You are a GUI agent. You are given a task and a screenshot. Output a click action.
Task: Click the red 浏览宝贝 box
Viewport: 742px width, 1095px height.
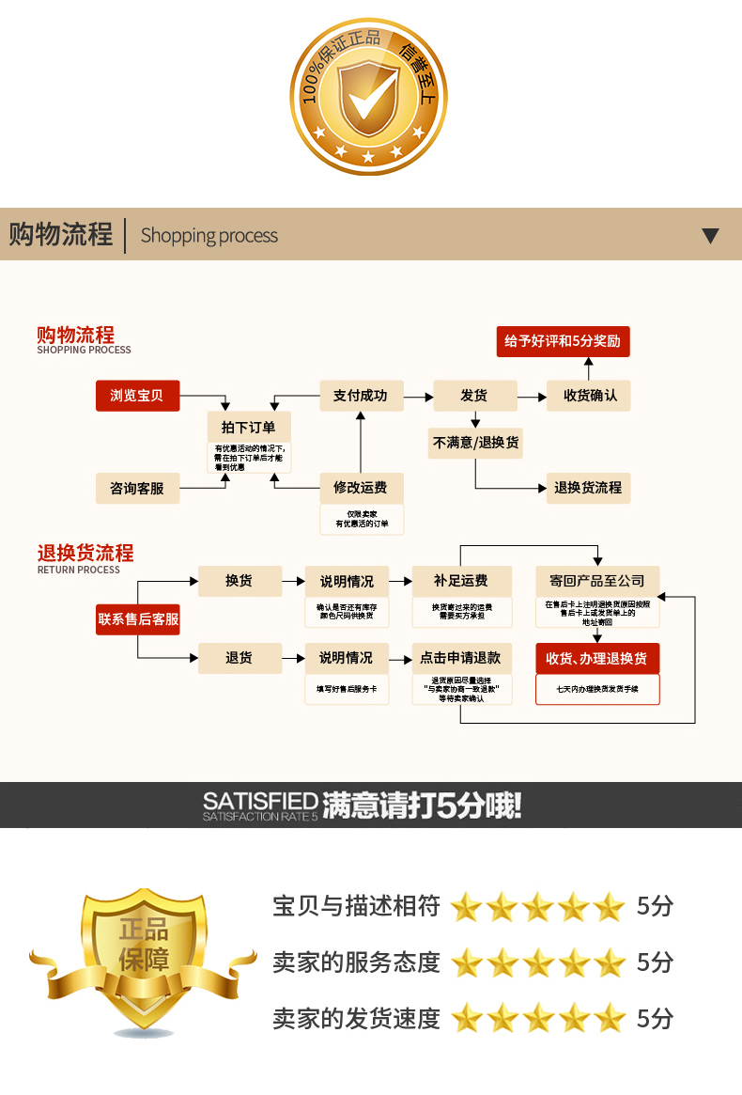point(137,396)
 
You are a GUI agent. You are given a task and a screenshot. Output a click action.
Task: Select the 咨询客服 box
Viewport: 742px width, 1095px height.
point(137,488)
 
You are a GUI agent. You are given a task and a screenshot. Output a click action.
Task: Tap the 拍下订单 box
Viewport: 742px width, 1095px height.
point(249,427)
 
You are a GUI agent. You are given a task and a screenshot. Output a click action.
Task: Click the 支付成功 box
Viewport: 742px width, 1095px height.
point(361,396)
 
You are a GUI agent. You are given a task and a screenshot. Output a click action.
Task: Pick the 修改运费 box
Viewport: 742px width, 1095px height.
point(361,488)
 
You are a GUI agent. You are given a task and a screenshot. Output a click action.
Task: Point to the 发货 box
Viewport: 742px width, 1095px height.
point(474,396)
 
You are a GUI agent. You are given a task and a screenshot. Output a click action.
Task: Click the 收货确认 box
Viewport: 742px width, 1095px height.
point(589,396)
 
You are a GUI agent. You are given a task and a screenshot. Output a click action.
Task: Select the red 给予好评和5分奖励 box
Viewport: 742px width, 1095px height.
point(563,341)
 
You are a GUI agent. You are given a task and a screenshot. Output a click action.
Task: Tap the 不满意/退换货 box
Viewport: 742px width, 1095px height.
point(475,443)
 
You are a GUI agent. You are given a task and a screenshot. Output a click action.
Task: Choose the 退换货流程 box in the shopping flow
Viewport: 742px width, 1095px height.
point(589,488)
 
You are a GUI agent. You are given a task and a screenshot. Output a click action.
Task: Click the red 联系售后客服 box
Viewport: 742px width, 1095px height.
point(138,619)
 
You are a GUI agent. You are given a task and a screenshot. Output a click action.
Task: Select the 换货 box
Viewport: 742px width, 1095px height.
point(240,581)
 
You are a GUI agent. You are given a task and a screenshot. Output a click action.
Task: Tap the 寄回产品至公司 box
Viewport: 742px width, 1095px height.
point(597,581)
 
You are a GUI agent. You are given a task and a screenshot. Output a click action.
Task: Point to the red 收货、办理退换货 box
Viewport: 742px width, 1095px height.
point(597,658)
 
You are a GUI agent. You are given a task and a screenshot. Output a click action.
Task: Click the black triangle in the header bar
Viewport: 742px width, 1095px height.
point(710,235)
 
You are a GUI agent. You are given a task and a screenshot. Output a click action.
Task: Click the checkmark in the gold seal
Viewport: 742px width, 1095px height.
point(369,96)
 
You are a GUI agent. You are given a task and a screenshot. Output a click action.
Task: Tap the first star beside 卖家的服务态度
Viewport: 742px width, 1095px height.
point(466,962)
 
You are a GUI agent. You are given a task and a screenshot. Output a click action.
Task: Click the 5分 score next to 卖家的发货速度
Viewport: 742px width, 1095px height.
point(655,1018)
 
